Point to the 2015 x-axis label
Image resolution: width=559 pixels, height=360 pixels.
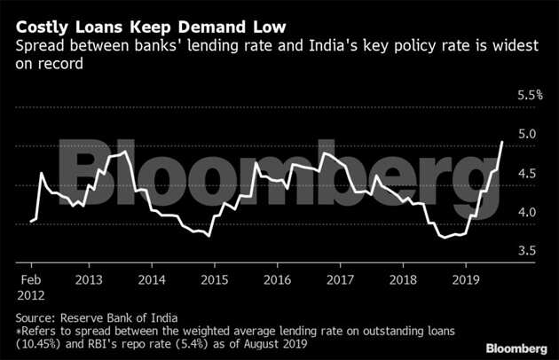217,278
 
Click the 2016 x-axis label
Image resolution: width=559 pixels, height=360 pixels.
279,278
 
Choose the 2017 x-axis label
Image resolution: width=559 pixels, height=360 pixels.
341,278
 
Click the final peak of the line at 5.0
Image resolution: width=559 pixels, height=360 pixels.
503,141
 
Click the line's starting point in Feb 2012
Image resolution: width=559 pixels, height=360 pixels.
31,221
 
